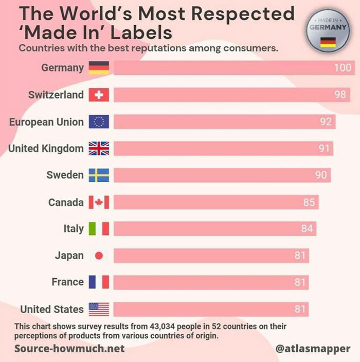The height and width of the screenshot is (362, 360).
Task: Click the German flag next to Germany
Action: [x=99, y=68]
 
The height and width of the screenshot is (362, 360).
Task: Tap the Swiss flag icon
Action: [x=99, y=95]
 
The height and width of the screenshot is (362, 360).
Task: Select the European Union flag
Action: [x=99, y=122]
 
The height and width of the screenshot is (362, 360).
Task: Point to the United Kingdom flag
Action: [x=99, y=149]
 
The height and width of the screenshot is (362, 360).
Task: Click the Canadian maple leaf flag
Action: [x=99, y=202]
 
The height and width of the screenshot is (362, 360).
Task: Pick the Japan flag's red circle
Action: [x=99, y=255]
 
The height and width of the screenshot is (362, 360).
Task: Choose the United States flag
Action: [x=99, y=309]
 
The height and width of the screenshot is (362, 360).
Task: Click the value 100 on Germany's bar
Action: [x=343, y=68]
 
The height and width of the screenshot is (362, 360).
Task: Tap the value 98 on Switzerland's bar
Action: [x=339, y=95]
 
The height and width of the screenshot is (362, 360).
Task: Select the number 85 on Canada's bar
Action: [x=309, y=202]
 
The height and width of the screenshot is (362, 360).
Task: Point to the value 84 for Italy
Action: [x=307, y=228]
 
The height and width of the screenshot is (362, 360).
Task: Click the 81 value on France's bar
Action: [x=300, y=282]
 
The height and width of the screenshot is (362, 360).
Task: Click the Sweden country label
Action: [x=65, y=175]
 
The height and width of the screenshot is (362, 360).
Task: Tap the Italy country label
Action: [x=74, y=229]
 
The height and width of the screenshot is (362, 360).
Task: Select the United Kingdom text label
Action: [x=46, y=149]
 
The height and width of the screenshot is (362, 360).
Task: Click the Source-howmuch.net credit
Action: [x=69, y=349]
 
